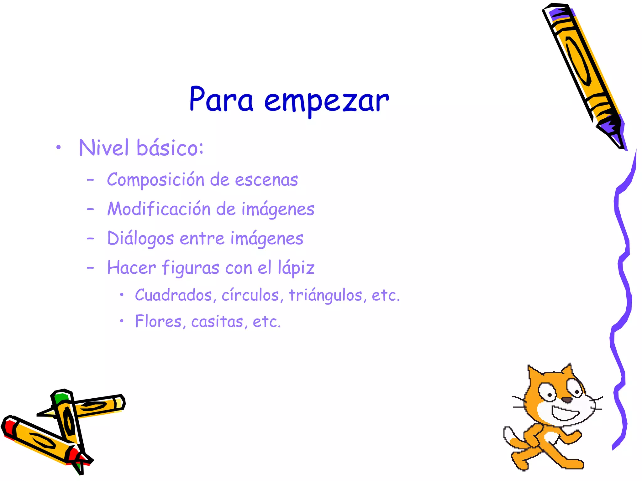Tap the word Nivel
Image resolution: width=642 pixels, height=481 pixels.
click(104, 148)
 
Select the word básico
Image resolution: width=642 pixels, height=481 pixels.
click(170, 148)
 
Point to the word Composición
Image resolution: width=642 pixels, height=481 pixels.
click(155, 180)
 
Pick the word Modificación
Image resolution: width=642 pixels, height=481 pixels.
click(159, 209)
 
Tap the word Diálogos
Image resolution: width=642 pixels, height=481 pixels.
click(140, 239)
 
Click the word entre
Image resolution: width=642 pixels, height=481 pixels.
click(202, 239)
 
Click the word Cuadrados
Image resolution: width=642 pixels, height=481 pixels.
click(173, 295)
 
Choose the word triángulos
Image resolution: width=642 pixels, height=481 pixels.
click(325, 295)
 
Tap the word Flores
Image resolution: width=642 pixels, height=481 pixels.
click(158, 322)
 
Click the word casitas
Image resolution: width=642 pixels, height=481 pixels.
click(217, 322)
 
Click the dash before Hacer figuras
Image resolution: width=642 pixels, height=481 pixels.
click(90, 268)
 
